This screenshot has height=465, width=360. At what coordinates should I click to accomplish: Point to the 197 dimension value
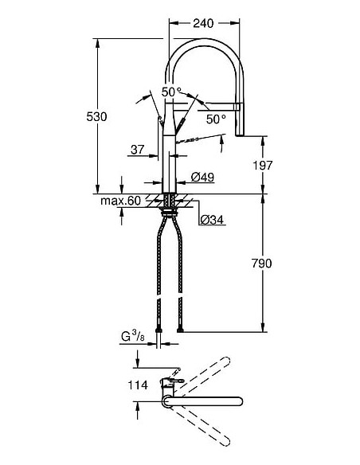pos(272,165)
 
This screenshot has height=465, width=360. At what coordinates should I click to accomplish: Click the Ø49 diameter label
pos(202,178)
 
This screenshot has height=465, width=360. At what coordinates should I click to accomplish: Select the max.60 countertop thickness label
pos(120,201)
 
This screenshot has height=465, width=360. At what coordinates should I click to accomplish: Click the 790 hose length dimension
pos(272,263)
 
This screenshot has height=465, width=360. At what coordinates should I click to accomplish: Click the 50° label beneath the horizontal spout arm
pos(216,119)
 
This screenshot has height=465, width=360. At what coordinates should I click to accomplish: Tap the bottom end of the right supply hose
pos(184,328)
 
